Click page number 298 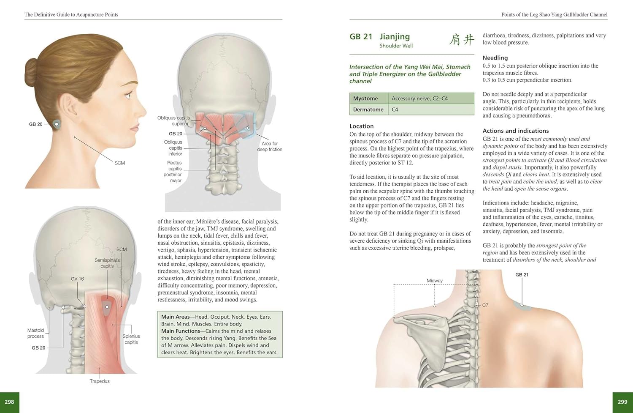click(9, 402)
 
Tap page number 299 click(622, 402)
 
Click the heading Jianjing click(395, 37)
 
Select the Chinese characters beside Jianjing click(462, 39)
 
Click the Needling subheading click(495, 58)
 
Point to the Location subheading click(361, 126)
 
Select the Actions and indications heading click(516, 131)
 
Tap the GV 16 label click(77, 279)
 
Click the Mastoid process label click(35, 333)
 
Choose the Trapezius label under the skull click(100, 381)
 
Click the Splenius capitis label click(131, 339)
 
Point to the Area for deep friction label click(270, 146)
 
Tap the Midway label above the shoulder click(435, 281)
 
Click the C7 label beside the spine click(485, 305)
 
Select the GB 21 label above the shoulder click(522, 275)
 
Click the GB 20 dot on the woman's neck click(57, 124)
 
